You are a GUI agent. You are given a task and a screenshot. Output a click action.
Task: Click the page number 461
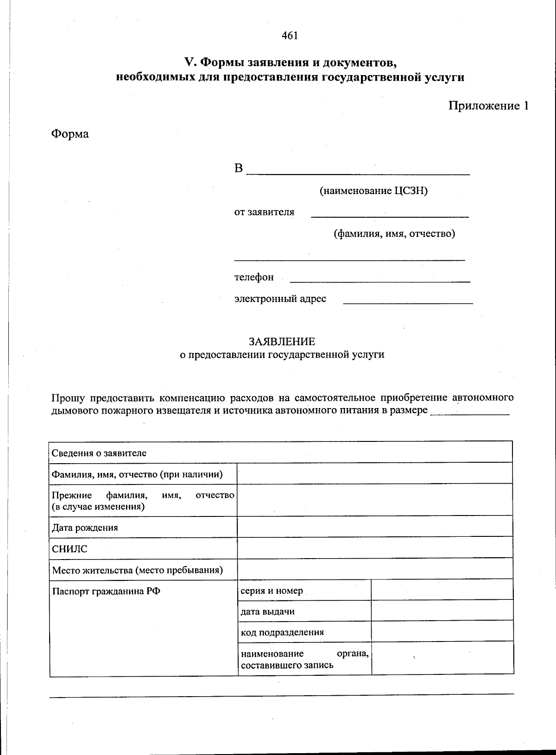[290, 36]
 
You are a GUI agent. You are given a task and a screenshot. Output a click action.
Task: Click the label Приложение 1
[488, 106]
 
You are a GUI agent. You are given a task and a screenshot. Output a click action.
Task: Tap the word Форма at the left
[69, 134]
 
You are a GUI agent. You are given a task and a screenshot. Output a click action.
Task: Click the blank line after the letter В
[358, 170]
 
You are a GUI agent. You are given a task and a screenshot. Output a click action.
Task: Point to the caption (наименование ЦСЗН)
[373, 191]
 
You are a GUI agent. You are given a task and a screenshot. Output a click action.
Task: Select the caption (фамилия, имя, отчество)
[394, 234]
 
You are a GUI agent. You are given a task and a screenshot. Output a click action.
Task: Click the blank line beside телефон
[379, 278]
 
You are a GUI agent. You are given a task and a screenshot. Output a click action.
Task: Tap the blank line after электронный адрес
[408, 300]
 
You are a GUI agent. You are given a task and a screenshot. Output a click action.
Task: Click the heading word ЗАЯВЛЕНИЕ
[282, 342]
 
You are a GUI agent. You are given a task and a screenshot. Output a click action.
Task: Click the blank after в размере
[470, 411]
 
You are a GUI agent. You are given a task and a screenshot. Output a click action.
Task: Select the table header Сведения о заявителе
[99, 453]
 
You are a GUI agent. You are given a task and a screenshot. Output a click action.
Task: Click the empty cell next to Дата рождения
[374, 527]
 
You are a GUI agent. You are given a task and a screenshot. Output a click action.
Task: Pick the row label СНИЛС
[69, 549]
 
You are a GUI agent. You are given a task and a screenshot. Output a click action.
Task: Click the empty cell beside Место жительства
[374, 569]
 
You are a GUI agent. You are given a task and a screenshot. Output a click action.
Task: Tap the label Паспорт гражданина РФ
[106, 591]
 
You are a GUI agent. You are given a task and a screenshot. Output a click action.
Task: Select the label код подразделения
[282, 633]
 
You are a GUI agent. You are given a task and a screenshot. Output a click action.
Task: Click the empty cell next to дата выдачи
[442, 611]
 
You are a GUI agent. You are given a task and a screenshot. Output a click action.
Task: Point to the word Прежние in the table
[72, 496]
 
